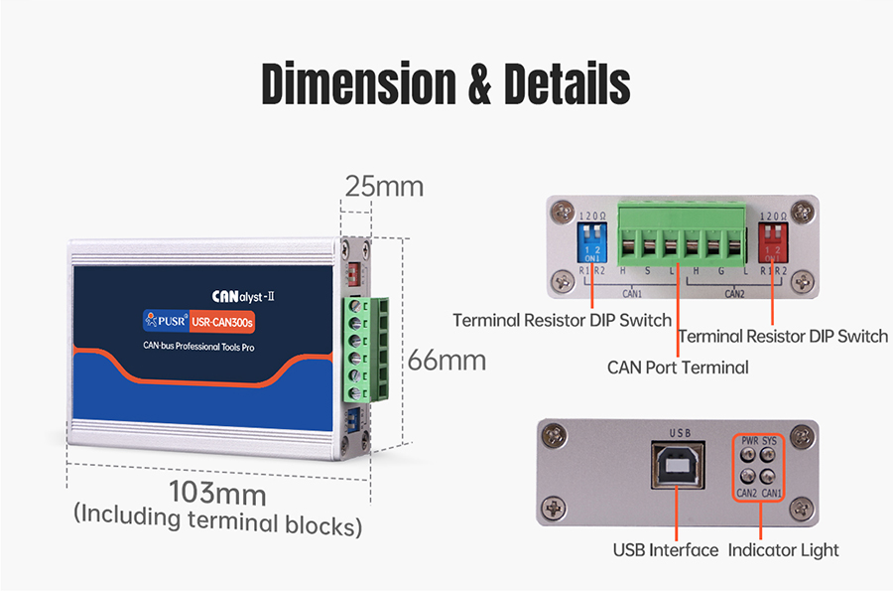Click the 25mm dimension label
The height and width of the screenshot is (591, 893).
pos(383,186)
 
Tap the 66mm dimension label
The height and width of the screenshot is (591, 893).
pos(446,360)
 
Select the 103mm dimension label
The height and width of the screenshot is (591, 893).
pos(216,492)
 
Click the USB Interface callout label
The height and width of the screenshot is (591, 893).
pos(665,549)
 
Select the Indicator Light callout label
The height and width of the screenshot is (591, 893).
pos(783,549)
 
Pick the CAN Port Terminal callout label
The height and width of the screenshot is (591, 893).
pos(678,368)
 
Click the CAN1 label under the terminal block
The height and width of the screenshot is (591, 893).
pos(632,294)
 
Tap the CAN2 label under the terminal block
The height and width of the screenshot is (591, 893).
pos(733,294)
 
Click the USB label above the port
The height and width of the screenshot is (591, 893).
pos(680,433)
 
